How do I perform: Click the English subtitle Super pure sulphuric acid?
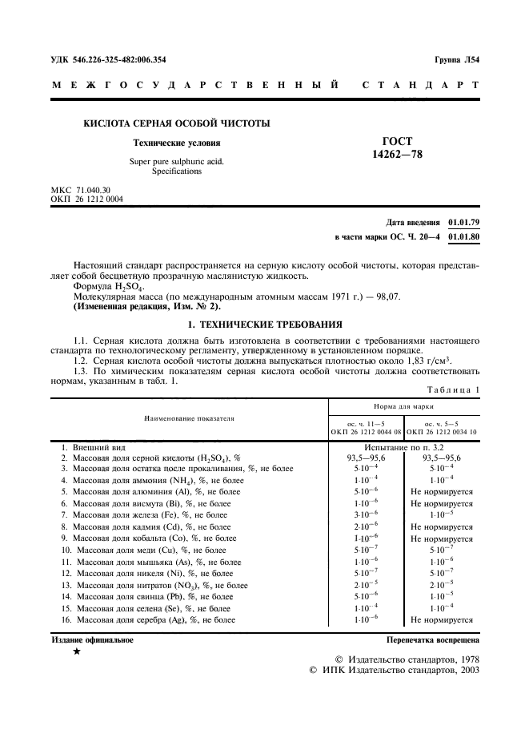coord(177,161)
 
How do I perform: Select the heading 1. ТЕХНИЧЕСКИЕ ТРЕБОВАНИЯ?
coord(264,325)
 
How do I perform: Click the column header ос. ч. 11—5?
coord(365,423)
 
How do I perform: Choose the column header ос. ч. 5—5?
coord(441,423)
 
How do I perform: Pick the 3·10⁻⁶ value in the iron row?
coord(365,514)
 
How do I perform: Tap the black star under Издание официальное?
coord(76,652)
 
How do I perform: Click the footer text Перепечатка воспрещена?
coord(432,640)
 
